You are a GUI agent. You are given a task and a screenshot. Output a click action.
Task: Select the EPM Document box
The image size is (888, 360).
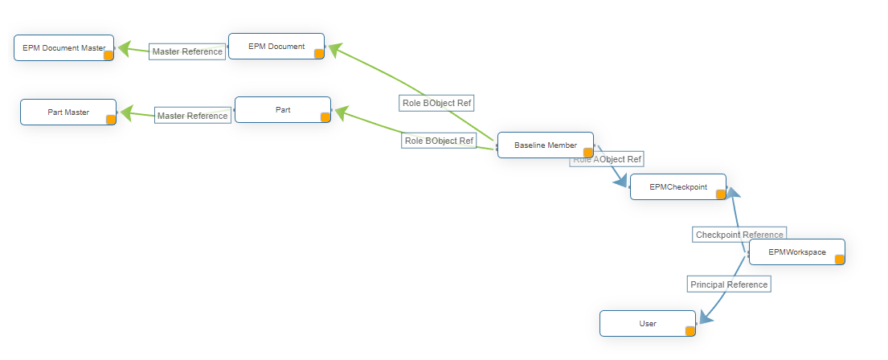pyautogui.click(x=276, y=47)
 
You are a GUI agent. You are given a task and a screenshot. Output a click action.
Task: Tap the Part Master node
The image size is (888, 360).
pyautogui.click(x=68, y=112)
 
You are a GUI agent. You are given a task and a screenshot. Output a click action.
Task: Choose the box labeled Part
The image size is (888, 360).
pyautogui.click(x=283, y=110)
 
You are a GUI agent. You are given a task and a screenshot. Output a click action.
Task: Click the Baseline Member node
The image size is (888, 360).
pyautogui.click(x=545, y=145)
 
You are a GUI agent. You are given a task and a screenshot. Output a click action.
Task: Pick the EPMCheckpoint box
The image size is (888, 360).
pyautogui.click(x=677, y=187)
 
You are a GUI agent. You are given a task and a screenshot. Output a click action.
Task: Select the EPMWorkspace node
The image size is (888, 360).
pyautogui.click(x=796, y=252)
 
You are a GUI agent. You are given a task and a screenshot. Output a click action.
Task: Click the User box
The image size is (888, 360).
pyautogui.click(x=647, y=324)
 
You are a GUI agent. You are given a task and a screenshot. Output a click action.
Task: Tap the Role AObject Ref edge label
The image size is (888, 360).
pyautogui.click(x=607, y=159)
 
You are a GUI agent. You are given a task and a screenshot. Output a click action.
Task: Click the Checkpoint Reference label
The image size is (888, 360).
pyautogui.click(x=739, y=235)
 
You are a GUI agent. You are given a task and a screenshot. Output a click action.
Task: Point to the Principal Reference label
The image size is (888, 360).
pyautogui.click(x=729, y=284)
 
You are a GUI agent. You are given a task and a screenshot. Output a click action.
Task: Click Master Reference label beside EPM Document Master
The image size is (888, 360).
pyautogui.click(x=187, y=51)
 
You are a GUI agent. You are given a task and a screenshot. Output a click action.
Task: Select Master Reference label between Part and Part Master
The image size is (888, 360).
pyautogui.click(x=192, y=116)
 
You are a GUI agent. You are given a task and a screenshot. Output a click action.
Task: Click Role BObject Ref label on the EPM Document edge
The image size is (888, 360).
pyautogui.click(x=436, y=103)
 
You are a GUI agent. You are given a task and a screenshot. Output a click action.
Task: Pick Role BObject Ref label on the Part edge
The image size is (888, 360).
pyautogui.click(x=439, y=141)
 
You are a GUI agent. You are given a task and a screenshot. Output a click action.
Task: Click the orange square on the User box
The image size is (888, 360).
pyautogui.click(x=690, y=330)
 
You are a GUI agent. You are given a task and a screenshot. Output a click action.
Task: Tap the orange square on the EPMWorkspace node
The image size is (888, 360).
pyautogui.click(x=839, y=260)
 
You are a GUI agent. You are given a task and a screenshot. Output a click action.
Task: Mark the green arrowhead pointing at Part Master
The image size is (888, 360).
pyautogui.click(x=126, y=112)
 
